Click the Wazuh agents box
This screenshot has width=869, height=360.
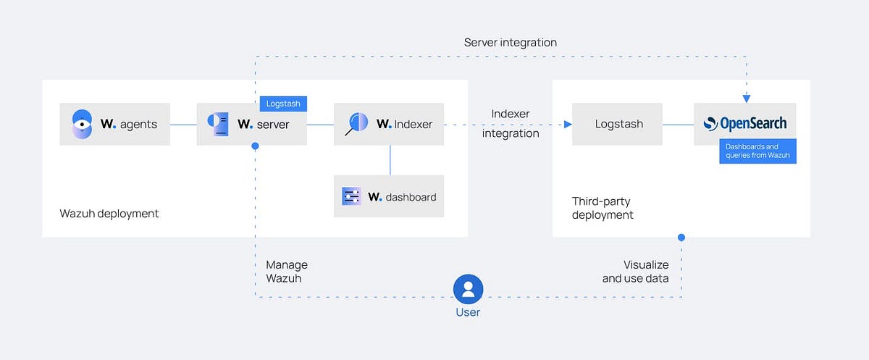pos(114,125)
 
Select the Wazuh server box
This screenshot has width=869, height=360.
pos(252,125)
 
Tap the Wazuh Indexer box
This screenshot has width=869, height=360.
pos(389,125)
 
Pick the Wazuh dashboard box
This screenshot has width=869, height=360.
pos(389,196)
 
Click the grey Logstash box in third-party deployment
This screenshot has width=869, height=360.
pos(618,125)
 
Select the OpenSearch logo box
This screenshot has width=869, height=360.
pos(745,124)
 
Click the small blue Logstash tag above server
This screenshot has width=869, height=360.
pos(282,104)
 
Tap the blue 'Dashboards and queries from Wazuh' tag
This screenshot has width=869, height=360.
pos(757,151)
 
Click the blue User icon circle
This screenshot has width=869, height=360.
pos(468,289)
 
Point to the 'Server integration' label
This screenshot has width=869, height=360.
pos(511,43)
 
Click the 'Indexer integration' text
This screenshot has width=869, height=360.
pos(511,124)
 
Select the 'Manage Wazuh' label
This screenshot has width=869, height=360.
pos(287,272)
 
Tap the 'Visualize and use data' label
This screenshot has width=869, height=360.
pos(635,272)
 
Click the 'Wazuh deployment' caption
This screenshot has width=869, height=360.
pos(109,214)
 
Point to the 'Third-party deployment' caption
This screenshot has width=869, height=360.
pos(603,208)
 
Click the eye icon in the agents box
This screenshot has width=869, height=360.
pos(83,125)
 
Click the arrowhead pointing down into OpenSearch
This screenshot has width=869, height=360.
pos(746,99)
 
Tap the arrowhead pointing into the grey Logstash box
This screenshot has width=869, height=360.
pos(568,125)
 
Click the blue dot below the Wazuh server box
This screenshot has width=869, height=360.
pos(255,146)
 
